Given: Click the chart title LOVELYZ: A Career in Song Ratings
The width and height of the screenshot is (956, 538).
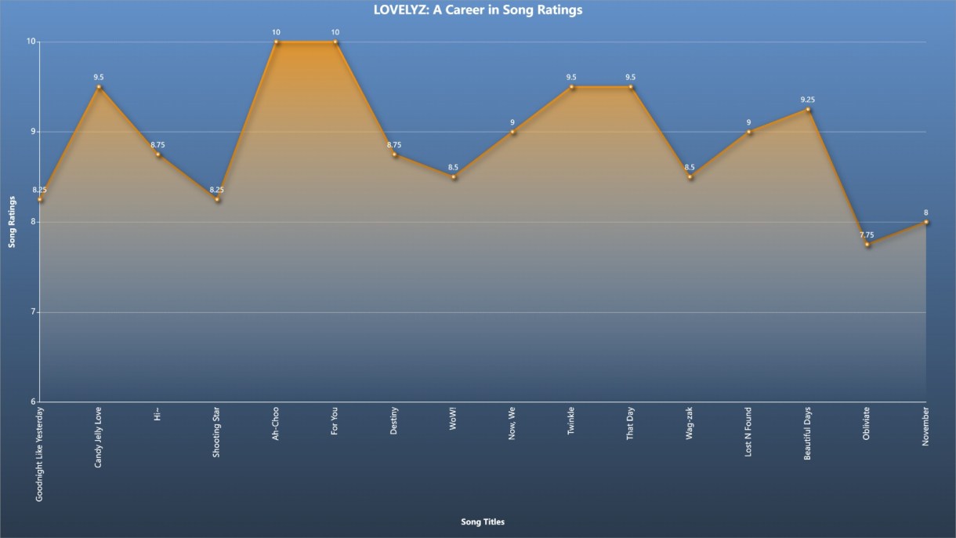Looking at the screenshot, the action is pyautogui.click(x=477, y=10).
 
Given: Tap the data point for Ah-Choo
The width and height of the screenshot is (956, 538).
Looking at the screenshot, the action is pyautogui.click(x=276, y=42).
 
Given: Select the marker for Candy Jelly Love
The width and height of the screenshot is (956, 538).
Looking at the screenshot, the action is pyautogui.click(x=99, y=87).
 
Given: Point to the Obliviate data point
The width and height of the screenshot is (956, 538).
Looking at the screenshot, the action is pyautogui.click(x=867, y=245).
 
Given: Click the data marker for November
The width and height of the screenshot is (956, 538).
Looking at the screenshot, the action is pyautogui.click(x=926, y=222).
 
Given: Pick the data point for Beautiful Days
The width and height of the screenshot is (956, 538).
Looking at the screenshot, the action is pyautogui.click(x=808, y=110).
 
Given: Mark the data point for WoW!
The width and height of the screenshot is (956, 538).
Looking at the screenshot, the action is pyautogui.click(x=454, y=177).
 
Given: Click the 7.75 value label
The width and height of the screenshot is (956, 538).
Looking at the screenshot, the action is pyautogui.click(x=867, y=234).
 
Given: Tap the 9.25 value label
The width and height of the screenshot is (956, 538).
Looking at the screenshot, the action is pyautogui.click(x=807, y=100).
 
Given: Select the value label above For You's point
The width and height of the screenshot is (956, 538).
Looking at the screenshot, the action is pyautogui.click(x=335, y=32).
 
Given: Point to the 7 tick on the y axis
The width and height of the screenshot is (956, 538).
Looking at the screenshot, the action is pyautogui.click(x=32, y=311).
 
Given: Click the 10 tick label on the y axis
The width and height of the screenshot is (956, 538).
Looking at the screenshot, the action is pyautogui.click(x=31, y=42).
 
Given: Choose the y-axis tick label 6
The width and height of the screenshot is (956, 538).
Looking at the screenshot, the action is pyautogui.click(x=32, y=402).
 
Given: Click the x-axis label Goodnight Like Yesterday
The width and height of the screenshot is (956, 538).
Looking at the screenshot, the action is pyautogui.click(x=39, y=454).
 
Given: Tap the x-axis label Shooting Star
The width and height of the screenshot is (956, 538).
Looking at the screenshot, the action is pyautogui.click(x=216, y=432).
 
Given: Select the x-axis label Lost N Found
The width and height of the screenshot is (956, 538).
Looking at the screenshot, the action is pyautogui.click(x=748, y=431).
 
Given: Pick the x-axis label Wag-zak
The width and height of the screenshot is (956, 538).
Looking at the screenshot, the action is pyautogui.click(x=689, y=423).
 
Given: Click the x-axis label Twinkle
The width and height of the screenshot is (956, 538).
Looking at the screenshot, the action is pyautogui.click(x=570, y=421).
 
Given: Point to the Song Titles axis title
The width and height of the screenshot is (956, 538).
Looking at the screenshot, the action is pyautogui.click(x=483, y=522).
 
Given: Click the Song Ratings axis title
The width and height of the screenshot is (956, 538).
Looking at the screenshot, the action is pyautogui.click(x=12, y=222).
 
